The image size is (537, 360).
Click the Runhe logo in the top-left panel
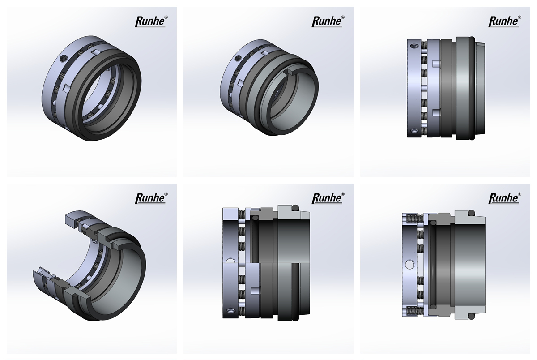pos(151,21)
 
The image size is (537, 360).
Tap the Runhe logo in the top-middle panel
pos(328,21)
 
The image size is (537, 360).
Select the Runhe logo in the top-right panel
pos(505,21)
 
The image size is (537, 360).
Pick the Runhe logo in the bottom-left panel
pos(151,198)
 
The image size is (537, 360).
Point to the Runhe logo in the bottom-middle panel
pos(328,198)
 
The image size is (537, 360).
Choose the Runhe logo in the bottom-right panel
pos(505,198)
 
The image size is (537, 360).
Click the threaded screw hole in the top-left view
pos(63,58)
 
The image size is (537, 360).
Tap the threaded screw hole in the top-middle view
pos(239,58)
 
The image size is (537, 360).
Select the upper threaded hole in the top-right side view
pos(413,46)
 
